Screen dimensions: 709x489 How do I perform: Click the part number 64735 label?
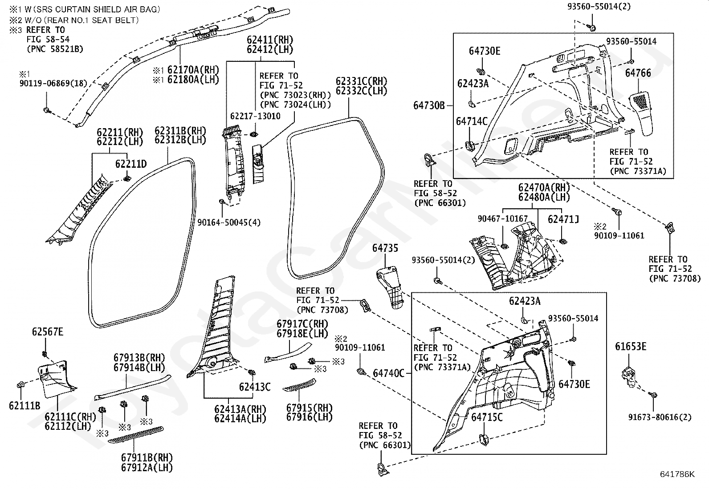[385, 248]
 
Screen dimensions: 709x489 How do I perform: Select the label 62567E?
[48, 332]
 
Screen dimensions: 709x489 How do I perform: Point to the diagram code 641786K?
[677, 474]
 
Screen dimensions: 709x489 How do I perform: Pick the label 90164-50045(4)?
[229, 222]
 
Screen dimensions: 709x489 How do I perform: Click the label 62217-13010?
[255, 116]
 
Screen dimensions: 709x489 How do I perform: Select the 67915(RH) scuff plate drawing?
[299, 385]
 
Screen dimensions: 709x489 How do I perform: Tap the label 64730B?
[429, 105]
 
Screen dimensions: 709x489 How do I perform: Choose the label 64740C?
[388, 373]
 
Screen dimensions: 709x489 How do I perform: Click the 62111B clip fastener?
[21, 385]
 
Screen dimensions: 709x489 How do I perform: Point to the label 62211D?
[131, 164]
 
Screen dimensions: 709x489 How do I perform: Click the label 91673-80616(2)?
[660, 417]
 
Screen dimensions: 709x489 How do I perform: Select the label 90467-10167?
[503, 218]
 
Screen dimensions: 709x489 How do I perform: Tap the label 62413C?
[255, 387]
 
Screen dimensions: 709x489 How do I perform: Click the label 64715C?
[487, 417]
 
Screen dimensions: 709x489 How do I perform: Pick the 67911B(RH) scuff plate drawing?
[136, 435]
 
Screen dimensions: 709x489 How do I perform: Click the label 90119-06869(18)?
[53, 84]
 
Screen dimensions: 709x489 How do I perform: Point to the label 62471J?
[563, 219]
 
